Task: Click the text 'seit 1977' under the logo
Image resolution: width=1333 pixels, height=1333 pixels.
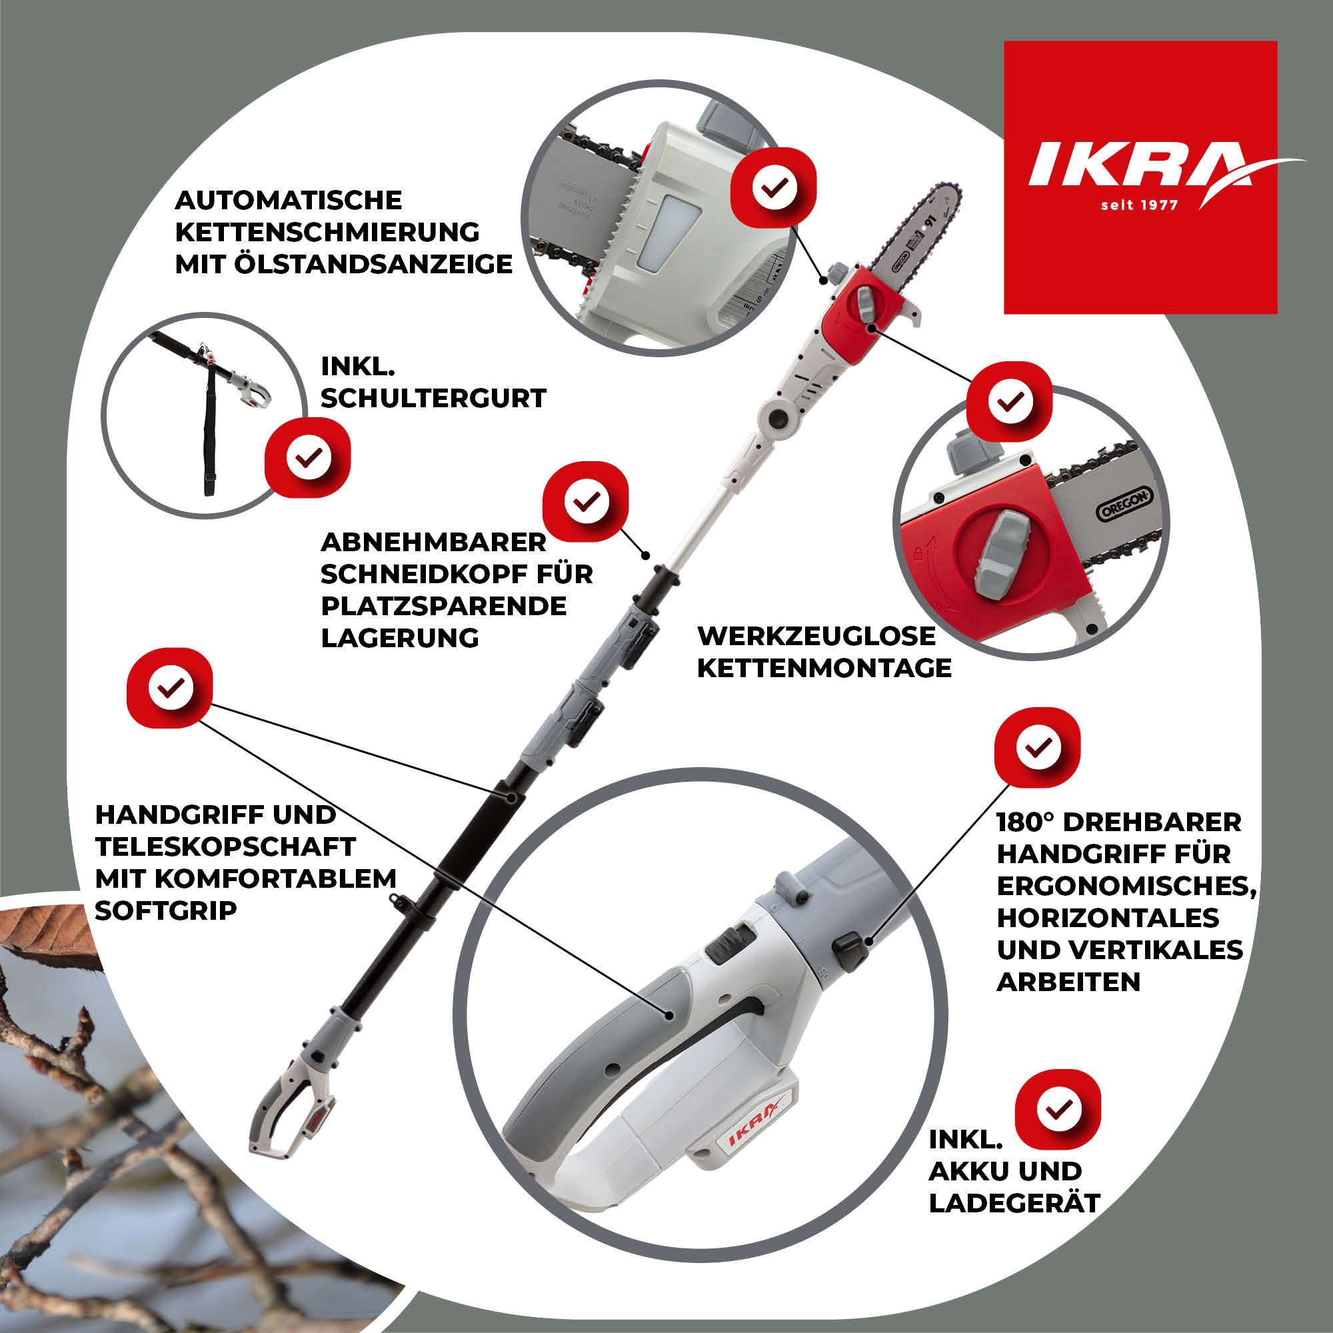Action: coord(1139,205)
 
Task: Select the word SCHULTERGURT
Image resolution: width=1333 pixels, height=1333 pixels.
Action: coord(433,399)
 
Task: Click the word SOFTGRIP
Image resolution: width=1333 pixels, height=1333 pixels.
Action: coord(165,910)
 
